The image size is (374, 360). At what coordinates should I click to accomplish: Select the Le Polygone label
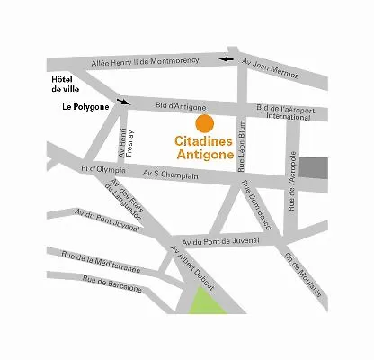(85, 106)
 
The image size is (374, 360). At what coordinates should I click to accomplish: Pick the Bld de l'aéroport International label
(288, 112)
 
